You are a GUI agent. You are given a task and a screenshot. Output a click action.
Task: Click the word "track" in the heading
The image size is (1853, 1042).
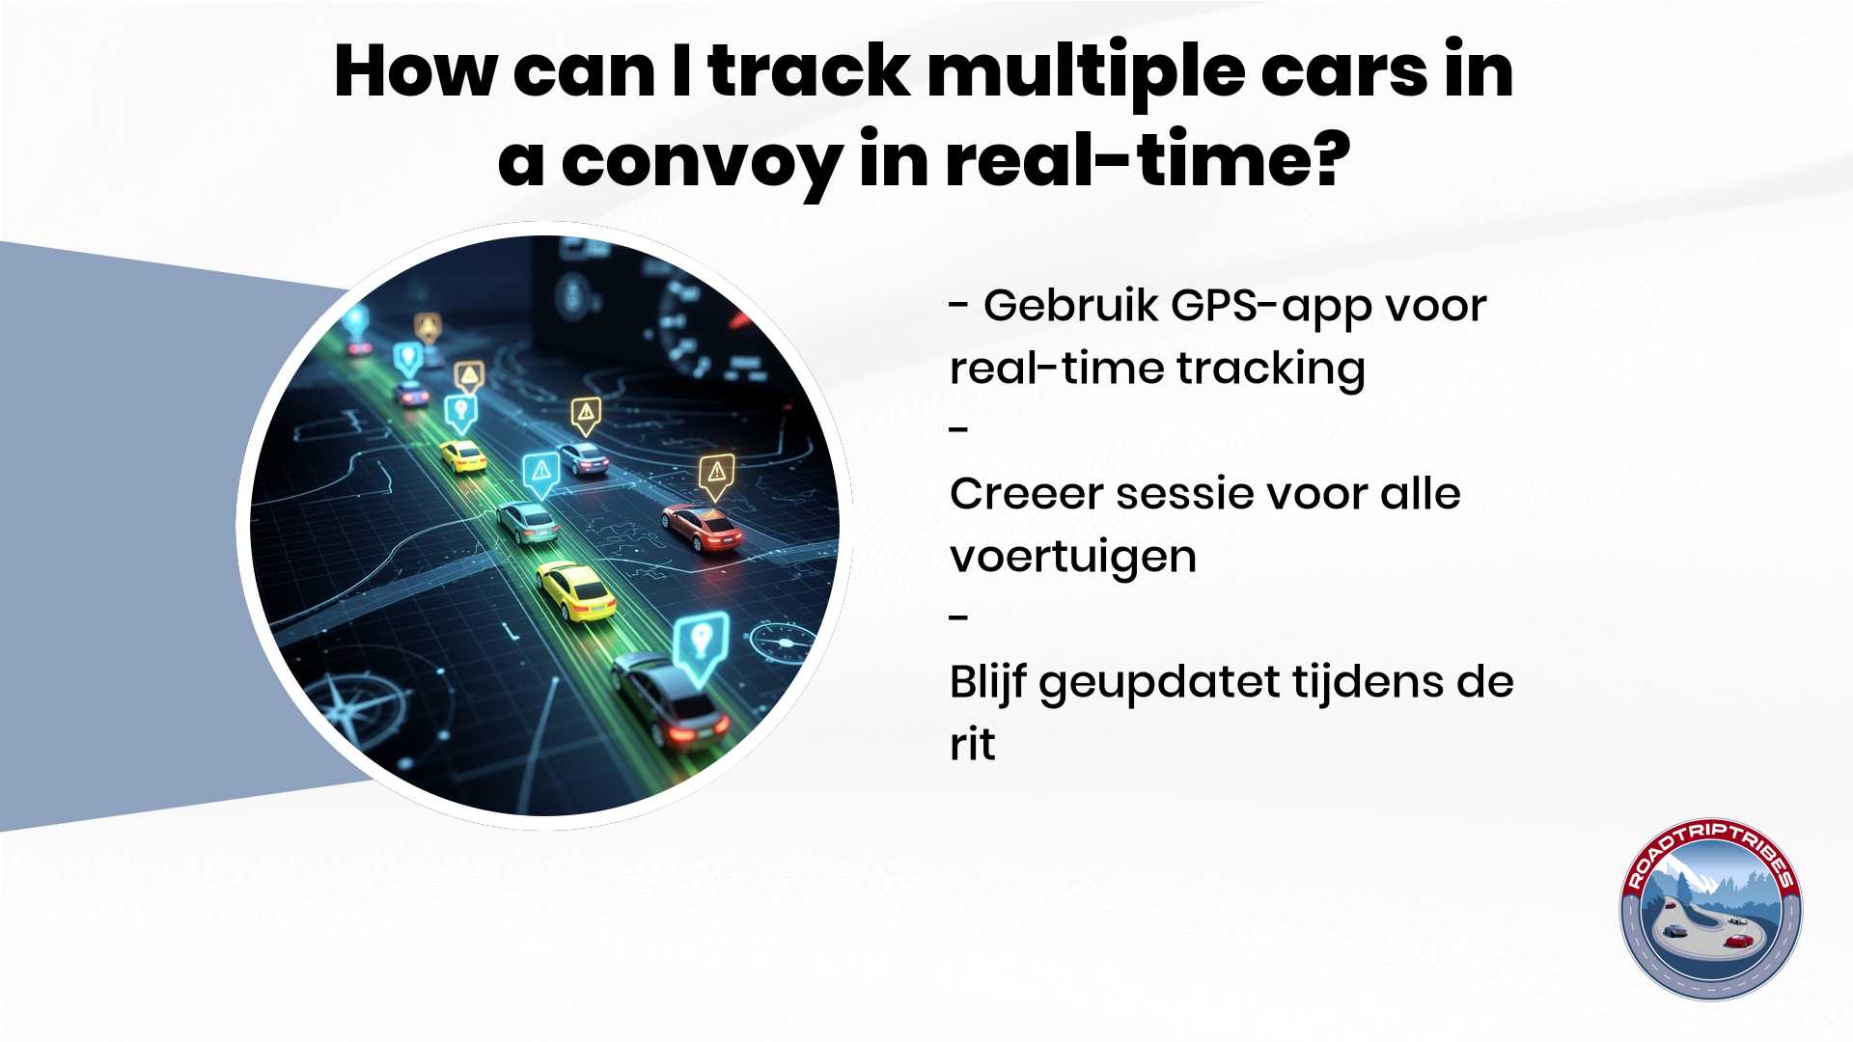(x=809, y=71)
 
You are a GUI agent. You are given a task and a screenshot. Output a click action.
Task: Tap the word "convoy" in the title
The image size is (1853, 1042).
(x=701, y=162)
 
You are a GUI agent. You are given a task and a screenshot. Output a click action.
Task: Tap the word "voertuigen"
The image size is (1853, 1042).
(x=1073, y=558)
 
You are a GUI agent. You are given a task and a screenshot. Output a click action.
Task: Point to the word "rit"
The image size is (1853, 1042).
(x=972, y=744)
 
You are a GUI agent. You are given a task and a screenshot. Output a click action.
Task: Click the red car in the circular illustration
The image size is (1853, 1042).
(x=702, y=527)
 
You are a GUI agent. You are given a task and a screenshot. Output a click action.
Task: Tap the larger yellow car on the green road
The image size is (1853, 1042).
(x=576, y=590)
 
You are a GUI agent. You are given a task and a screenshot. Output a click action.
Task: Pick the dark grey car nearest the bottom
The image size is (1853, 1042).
(x=670, y=700)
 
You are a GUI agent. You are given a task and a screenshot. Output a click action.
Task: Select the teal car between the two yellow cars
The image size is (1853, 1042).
(x=528, y=522)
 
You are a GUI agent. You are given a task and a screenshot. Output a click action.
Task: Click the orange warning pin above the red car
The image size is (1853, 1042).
(x=716, y=477)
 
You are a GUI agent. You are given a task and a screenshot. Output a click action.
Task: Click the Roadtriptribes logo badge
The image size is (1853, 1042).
(x=1710, y=909)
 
